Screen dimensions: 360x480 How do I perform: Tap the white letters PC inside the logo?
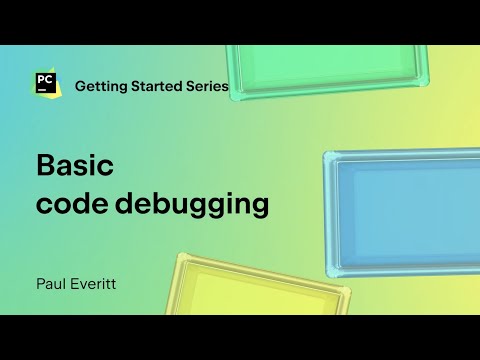(x=43, y=80)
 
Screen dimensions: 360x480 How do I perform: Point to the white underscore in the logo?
(x=40, y=91)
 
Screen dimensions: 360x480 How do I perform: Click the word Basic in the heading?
(x=77, y=165)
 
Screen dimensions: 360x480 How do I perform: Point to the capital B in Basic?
(x=45, y=165)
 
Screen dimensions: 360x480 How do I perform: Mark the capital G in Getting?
(x=81, y=86)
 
